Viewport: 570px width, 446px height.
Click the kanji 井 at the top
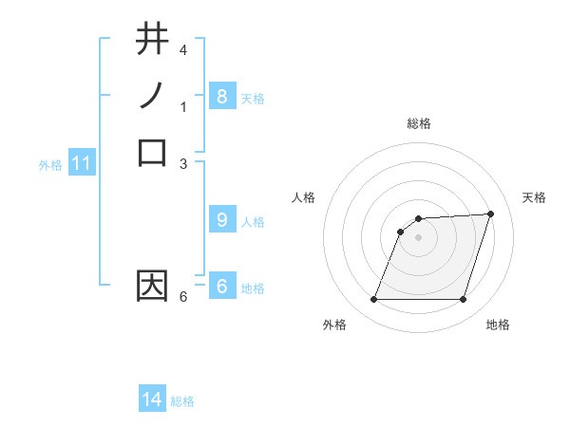tap(152, 39)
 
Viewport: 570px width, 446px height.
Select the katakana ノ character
tap(152, 96)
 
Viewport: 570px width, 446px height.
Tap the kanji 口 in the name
tap(152, 152)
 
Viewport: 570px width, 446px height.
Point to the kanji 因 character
tap(152, 287)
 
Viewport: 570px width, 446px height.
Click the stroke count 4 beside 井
tap(183, 49)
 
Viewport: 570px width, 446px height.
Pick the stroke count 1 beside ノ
tap(183, 107)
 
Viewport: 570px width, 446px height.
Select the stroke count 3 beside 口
tap(183, 163)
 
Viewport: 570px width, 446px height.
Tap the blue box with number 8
tap(221, 96)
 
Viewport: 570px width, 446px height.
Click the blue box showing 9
tap(221, 220)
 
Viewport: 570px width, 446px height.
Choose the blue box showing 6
tap(221, 287)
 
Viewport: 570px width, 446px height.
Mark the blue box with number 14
tap(152, 400)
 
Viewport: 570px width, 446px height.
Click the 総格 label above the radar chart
tap(419, 123)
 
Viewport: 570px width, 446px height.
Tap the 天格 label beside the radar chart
tap(534, 197)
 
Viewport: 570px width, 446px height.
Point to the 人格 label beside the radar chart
tap(304, 197)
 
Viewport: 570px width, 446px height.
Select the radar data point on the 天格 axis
tap(491, 214)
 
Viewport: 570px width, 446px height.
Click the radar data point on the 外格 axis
tap(374, 300)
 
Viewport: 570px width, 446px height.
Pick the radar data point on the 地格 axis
tap(464, 300)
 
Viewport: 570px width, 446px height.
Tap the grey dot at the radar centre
tap(419, 237)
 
